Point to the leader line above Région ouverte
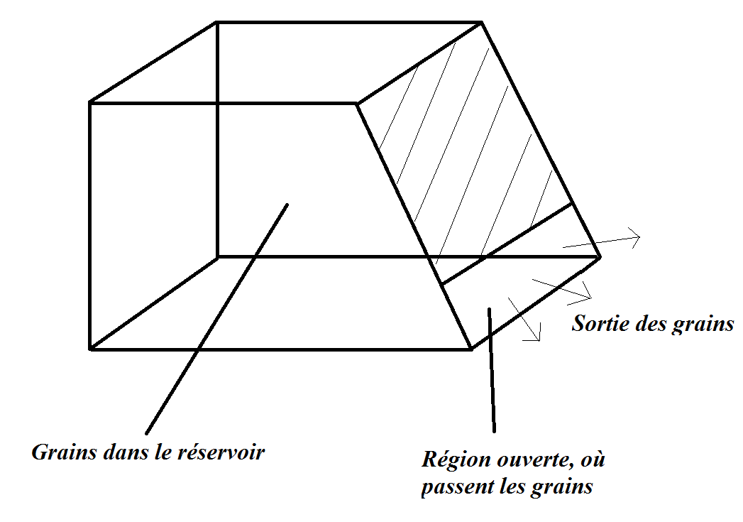[491, 369]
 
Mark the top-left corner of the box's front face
[90, 103]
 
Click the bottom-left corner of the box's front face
[90, 349]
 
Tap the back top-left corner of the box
[216, 23]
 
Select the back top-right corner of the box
[483, 23]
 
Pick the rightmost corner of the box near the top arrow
[600, 256]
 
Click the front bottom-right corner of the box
[471, 349]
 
